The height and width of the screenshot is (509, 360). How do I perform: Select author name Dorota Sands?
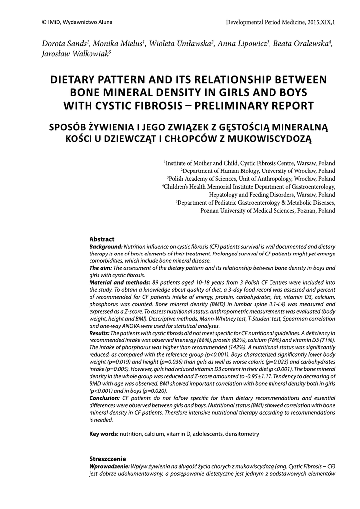pos(60,44)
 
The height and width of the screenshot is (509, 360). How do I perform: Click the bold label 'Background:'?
pos(105,247)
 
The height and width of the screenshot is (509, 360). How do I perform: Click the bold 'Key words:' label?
pos(103,434)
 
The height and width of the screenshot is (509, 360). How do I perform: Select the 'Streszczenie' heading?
pos(107,458)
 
